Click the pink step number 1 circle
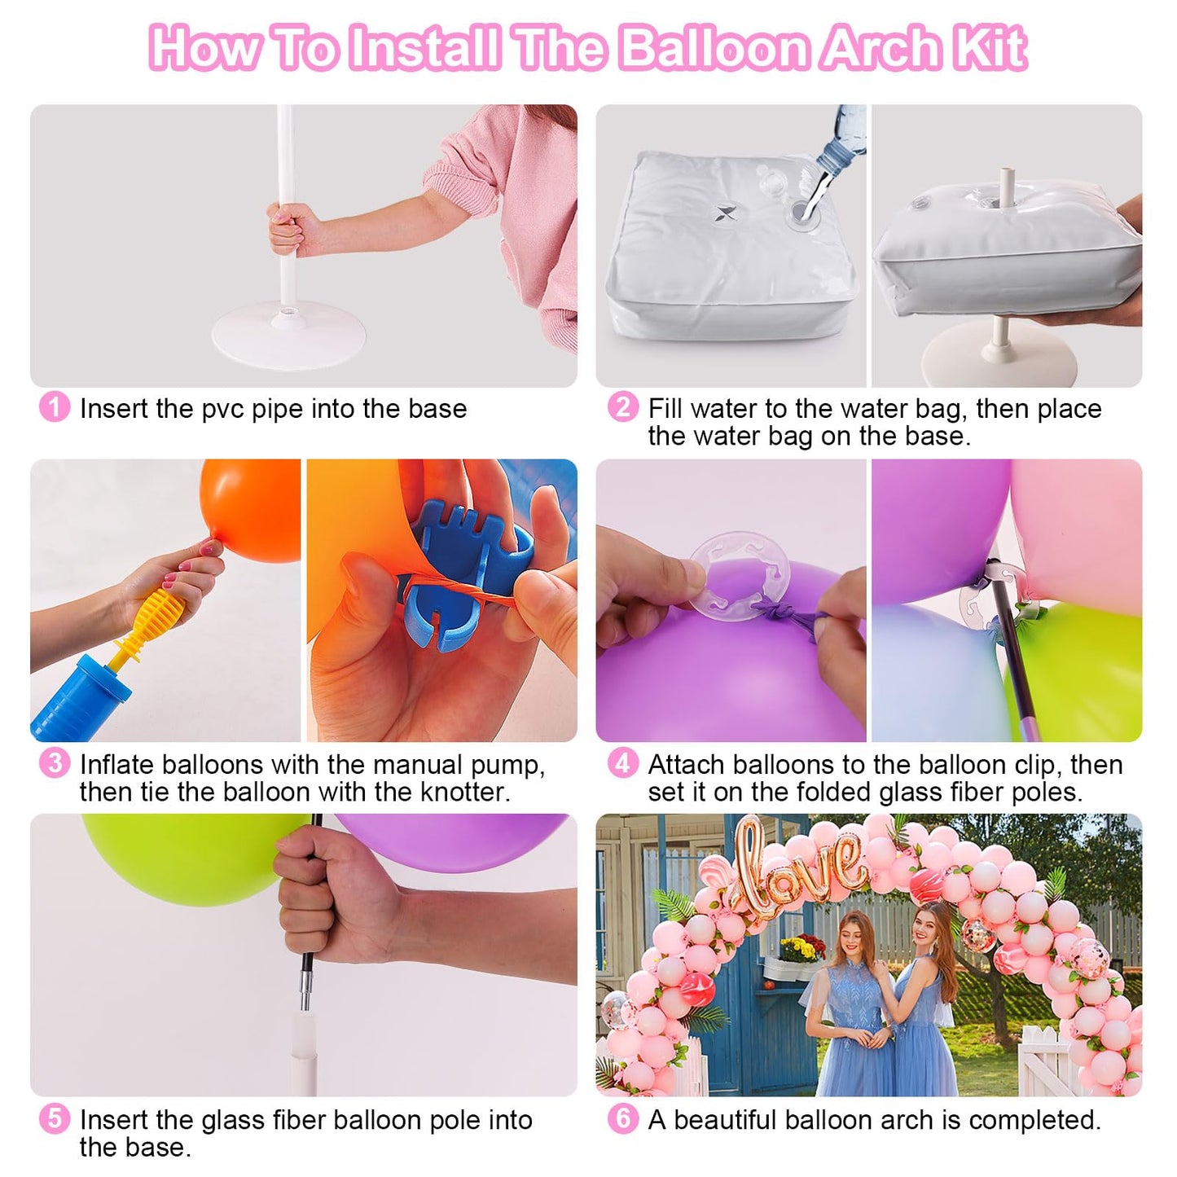tap(54, 407)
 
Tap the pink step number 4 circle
tap(622, 763)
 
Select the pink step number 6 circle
tap(622, 1118)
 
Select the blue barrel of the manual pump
tap(77, 700)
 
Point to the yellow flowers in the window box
tap(802, 948)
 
